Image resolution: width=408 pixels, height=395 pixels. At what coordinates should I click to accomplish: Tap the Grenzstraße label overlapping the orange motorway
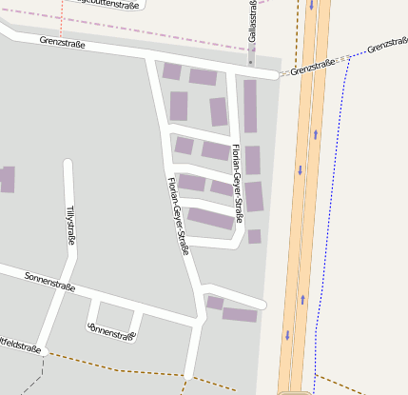[314, 66]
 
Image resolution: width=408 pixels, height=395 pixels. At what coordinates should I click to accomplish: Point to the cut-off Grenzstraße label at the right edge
[388, 46]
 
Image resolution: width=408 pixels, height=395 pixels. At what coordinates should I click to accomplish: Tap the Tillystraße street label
[68, 225]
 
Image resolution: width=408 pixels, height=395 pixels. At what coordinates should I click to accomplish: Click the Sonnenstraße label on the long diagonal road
[49, 280]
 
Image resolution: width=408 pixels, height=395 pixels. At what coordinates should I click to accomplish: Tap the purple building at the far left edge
[7, 179]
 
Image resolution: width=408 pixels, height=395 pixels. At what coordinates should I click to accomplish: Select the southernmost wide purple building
[240, 314]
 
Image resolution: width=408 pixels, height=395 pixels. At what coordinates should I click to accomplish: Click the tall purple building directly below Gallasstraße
[250, 106]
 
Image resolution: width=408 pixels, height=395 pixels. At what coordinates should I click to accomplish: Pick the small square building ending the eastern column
[254, 236]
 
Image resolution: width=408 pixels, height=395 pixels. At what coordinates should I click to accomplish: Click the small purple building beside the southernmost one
[215, 303]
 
